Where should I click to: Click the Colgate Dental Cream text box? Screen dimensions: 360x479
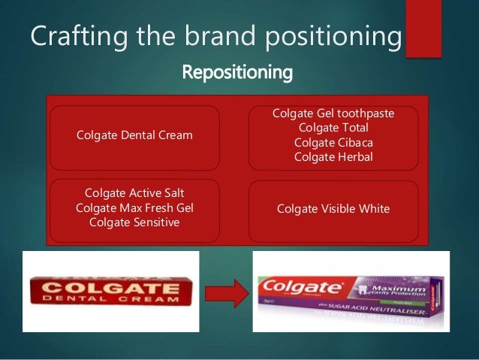pyautogui.click(x=134, y=135)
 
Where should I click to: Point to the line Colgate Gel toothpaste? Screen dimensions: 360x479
pyautogui.click(x=333, y=113)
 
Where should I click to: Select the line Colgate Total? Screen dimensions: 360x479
pyautogui.click(x=333, y=128)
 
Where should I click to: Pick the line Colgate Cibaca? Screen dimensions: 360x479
pyautogui.click(x=333, y=142)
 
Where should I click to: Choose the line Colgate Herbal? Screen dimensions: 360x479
pyautogui.click(x=333, y=156)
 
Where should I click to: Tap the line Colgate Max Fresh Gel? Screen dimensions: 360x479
pyautogui.click(x=134, y=207)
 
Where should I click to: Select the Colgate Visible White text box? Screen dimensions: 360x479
pyautogui.click(x=333, y=208)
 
